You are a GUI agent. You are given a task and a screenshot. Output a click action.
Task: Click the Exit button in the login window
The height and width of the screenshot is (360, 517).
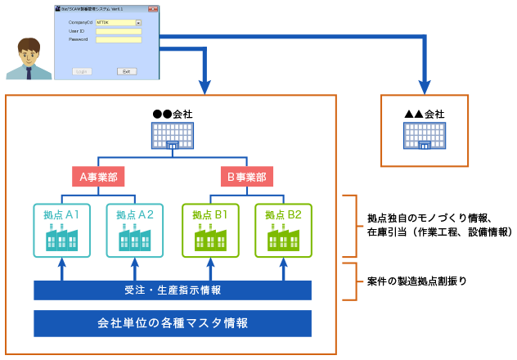pyautogui.click(x=125, y=71)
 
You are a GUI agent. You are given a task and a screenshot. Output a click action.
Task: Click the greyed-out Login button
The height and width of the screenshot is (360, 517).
pyautogui.click(x=82, y=71)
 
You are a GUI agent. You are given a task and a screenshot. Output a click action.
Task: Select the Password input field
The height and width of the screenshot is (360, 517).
pyautogui.click(x=119, y=39)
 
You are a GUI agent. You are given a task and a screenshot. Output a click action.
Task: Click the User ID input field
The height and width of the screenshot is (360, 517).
pyautogui.click(x=119, y=31)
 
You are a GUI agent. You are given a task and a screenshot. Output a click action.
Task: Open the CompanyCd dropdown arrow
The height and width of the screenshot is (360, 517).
pyautogui.click(x=138, y=23)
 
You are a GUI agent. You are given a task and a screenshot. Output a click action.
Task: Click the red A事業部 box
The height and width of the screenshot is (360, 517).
pyautogui.click(x=98, y=176)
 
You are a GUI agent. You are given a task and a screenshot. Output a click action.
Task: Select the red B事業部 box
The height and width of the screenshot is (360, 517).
pyautogui.click(x=247, y=176)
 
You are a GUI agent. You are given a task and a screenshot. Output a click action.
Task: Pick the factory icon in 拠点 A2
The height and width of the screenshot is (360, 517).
pyautogui.click(x=135, y=237)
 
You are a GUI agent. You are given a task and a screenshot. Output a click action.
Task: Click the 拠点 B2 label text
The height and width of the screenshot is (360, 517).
pyautogui.click(x=283, y=214)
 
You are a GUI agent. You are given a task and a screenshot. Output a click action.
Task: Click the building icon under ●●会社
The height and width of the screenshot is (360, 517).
pyautogui.click(x=173, y=136)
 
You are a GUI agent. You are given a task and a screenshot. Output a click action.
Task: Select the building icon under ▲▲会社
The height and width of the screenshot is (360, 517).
pyautogui.click(x=425, y=136)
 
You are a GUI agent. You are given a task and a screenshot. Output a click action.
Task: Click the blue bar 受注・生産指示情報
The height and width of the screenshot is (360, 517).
pyautogui.click(x=173, y=290)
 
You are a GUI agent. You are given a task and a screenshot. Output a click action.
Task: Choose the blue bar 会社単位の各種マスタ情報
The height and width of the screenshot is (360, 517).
pyautogui.click(x=173, y=322)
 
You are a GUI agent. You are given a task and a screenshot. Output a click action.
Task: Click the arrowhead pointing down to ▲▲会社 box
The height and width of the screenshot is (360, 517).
pyautogui.click(x=425, y=86)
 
